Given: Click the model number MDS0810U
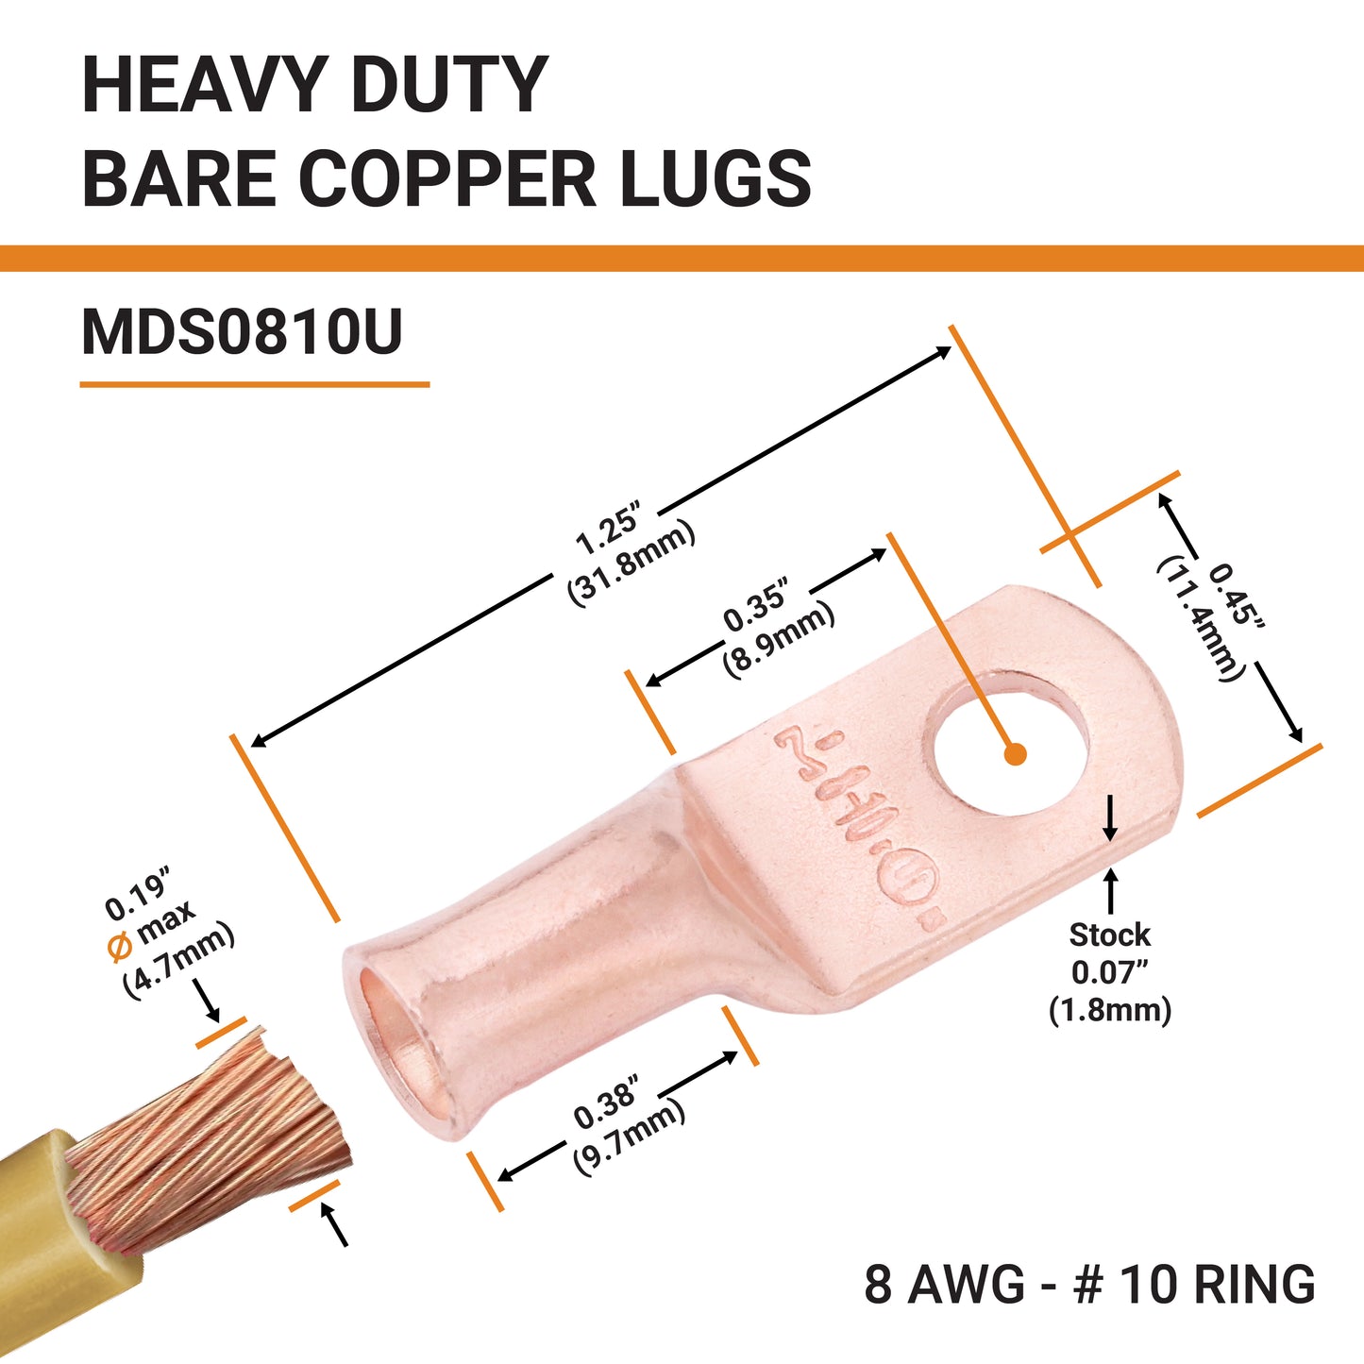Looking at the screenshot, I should [x=243, y=332].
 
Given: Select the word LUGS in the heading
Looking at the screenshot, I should [x=716, y=178].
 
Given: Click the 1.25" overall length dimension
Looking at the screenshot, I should [x=608, y=530].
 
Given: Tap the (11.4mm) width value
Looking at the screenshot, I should [x=1198, y=618].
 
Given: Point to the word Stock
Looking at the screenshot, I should [x=1109, y=935].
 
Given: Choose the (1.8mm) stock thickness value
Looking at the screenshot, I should [x=1109, y=1010].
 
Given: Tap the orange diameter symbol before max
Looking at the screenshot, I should [x=120, y=947].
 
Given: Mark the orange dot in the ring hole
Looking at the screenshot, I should [x=1015, y=753].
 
